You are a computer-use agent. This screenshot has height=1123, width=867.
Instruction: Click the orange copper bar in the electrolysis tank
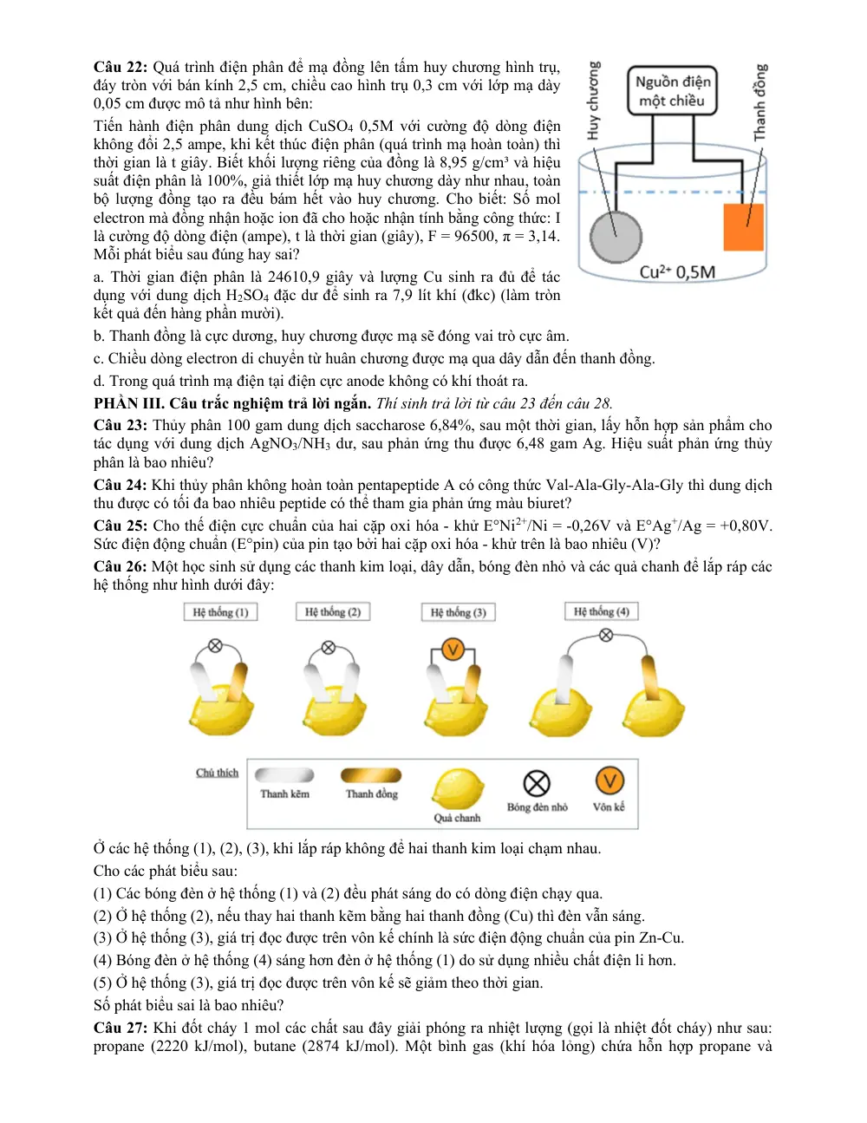point(743,227)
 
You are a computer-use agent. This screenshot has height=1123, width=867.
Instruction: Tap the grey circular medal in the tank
point(616,238)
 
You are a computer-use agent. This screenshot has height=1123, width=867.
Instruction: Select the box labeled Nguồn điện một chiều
point(672,90)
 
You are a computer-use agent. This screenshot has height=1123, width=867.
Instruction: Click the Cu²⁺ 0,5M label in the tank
point(677,271)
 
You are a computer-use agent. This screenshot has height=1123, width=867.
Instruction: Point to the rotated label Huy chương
point(594,101)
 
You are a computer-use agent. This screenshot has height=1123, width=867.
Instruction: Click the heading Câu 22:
point(121,67)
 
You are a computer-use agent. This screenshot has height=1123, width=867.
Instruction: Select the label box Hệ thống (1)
point(220,612)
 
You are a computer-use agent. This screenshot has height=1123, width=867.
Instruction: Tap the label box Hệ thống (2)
point(333,611)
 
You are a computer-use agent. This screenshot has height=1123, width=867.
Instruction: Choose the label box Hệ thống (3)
point(459,612)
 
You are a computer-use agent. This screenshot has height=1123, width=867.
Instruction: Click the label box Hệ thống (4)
point(602,611)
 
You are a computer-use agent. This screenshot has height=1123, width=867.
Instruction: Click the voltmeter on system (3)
point(453,650)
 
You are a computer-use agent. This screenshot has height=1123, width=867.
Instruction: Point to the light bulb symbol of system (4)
point(606,635)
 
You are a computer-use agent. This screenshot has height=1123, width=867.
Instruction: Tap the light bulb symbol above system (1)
point(216,645)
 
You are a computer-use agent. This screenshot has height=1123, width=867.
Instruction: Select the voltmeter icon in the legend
point(610,780)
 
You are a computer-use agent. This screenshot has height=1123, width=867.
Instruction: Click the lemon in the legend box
point(458,788)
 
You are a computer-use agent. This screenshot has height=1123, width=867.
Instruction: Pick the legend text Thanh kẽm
point(284,793)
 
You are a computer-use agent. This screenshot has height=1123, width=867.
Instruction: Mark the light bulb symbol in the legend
point(537,783)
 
